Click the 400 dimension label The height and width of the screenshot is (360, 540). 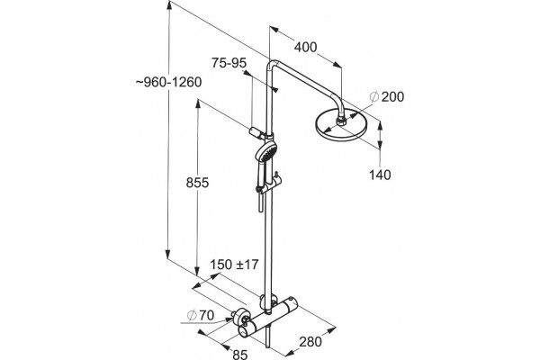305,47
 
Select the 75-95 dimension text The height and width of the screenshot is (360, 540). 229,63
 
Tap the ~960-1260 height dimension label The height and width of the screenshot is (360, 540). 168,82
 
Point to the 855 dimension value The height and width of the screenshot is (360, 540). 197,183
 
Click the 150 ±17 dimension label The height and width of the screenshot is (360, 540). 234,265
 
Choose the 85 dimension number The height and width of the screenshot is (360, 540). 240,354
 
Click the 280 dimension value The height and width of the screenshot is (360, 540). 310,342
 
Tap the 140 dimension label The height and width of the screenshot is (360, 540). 380,175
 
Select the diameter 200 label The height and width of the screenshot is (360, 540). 387,97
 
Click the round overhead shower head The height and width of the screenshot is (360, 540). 342,125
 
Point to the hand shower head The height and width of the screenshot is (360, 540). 265,151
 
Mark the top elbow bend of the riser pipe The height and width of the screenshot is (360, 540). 272,65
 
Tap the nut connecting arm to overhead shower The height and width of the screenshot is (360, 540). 342,121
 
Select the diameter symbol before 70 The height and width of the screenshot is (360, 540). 192,315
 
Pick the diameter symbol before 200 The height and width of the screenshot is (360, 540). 374,97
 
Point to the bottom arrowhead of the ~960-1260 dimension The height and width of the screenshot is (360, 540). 167,255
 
